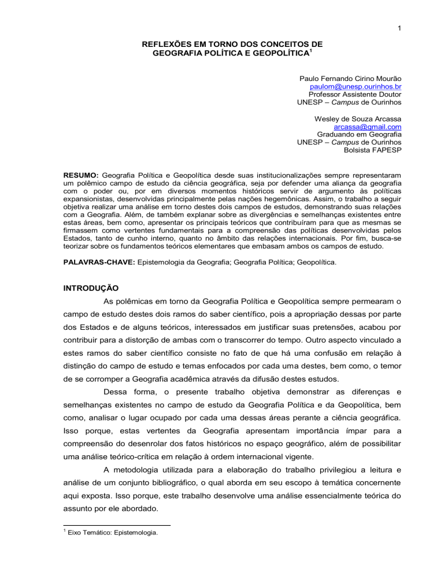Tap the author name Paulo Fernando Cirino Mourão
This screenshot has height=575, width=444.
pos(350,78)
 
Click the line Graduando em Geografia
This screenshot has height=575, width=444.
pos(359,135)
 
